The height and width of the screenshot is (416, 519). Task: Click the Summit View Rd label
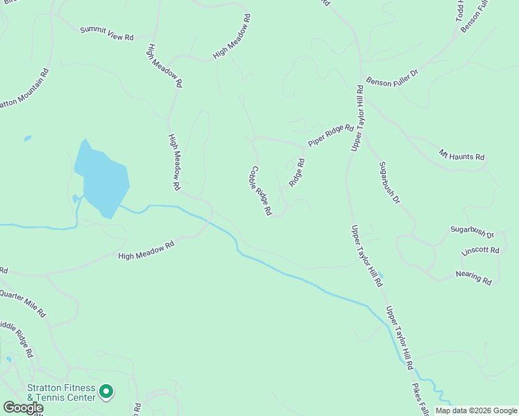(x=106, y=33)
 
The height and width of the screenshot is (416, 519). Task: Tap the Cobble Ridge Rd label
(x=261, y=191)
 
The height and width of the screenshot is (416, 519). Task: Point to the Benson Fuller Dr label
(x=393, y=76)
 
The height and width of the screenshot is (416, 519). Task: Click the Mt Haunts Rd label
(x=461, y=155)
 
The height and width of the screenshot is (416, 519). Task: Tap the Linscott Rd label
(x=480, y=250)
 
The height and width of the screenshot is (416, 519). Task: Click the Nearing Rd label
(x=473, y=277)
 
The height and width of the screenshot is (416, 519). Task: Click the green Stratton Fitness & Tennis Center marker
(x=106, y=392)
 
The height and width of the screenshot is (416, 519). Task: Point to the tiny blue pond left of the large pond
(x=28, y=138)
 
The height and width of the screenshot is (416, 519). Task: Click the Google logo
(x=22, y=408)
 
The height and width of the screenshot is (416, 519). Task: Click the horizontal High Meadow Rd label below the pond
(x=146, y=250)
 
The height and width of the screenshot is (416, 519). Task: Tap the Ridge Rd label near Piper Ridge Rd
(x=297, y=173)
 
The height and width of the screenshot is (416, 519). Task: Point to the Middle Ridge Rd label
(x=17, y=338)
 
